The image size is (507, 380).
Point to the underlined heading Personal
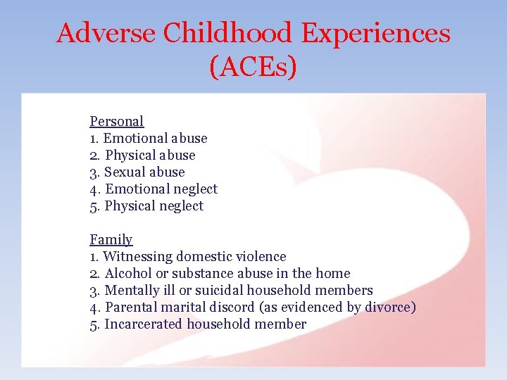pos(117,121)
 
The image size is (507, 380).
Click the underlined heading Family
pos(111,239)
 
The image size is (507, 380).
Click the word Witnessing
pos(137,256)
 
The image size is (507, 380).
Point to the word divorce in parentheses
pos(388,307)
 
